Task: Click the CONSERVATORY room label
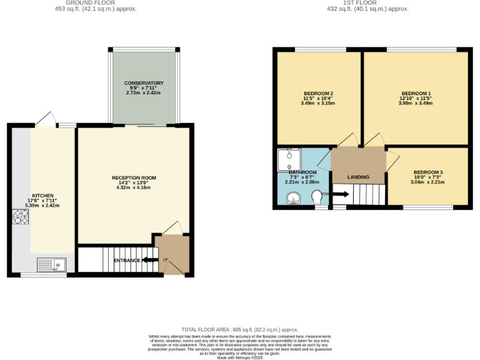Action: point(144,83)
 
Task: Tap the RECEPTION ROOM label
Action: point(134,177)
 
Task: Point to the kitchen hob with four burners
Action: point(21,217)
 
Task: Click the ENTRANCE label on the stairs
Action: point(127,260)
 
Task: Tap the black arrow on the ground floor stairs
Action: point(150,260)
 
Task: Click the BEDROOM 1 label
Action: point(416,93)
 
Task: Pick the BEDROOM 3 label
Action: point(428,172)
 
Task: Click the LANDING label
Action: point(358,177)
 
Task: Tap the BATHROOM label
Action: point(302,172)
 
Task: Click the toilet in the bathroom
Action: point(317,197)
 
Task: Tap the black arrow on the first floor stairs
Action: point(341,194)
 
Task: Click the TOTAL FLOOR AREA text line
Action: point(240,329)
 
